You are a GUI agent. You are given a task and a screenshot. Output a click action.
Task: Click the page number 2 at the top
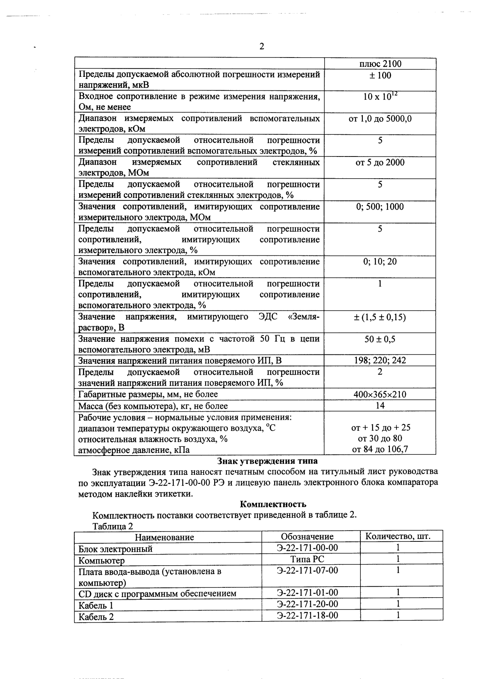click(261, 46)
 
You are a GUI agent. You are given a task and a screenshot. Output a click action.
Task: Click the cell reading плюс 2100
click(380, 64)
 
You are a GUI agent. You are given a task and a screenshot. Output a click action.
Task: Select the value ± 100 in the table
click(380, 75)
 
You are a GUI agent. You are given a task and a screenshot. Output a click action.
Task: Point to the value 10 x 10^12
click(380, 97)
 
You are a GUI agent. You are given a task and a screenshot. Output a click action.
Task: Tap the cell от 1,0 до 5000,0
click(380, 119)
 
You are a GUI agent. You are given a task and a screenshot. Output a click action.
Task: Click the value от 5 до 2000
click(380, 162)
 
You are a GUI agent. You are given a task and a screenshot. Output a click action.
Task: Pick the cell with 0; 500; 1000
click(380, 207)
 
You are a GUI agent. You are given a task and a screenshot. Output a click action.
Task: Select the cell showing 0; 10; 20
click(380, 262)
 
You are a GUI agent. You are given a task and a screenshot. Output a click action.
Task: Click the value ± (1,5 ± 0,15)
click(380, 317)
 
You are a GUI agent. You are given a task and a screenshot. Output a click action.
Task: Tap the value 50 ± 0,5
click(380, 339)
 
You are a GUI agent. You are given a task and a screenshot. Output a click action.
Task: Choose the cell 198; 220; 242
click(380, 361)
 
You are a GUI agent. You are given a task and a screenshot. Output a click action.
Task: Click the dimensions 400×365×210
click(380, 394)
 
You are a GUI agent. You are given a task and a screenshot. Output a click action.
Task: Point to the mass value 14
click(380, 406)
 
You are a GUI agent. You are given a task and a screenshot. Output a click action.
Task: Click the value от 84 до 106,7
click(380, 449)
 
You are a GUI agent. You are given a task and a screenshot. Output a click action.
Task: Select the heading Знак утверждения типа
click(267, 460)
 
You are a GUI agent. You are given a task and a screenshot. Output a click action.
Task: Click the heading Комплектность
click(273, 504)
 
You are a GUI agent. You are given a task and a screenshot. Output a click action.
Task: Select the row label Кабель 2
click(96, 617)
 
